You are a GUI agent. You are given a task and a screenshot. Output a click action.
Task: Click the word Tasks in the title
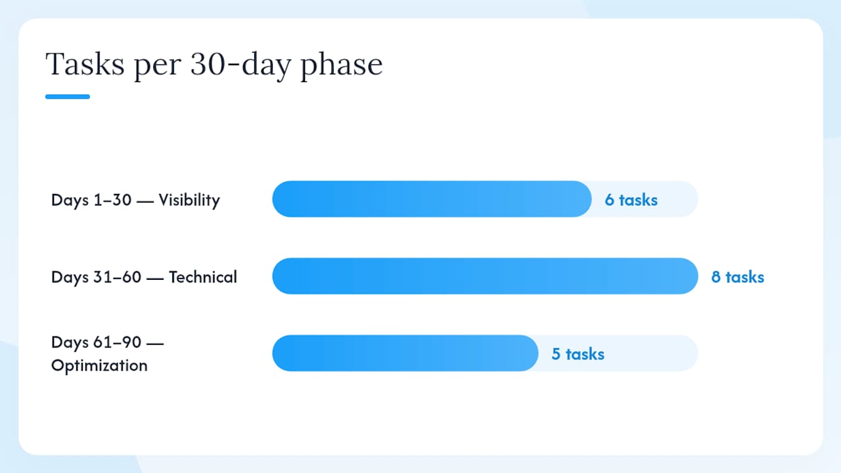point(85,64)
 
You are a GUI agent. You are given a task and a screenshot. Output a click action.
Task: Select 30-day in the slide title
point(240,65)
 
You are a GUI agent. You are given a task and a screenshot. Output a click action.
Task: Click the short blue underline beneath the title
point(68,97)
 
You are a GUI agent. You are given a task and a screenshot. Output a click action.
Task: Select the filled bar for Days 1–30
point(432,199)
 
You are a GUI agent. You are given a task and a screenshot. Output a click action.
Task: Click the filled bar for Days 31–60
point(485,276)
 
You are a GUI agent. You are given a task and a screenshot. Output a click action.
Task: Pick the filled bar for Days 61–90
point(405,353)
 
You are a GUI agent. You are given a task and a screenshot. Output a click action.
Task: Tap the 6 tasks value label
point(631,200)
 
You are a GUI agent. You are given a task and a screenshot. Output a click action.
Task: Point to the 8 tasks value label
point(738,277)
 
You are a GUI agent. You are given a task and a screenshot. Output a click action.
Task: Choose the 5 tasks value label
point(578,354)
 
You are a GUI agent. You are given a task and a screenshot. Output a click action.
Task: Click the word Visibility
point(189,200)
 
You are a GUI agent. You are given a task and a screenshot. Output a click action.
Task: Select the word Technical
point(203,277)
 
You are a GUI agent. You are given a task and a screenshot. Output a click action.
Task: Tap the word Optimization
point(99,366)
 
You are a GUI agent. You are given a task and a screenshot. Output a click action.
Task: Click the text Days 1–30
point(91,200)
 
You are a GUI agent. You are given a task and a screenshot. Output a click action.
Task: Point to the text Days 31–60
point(96,277)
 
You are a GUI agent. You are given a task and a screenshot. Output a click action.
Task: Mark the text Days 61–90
point(96,342)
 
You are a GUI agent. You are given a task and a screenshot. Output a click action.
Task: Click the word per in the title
point(157,68)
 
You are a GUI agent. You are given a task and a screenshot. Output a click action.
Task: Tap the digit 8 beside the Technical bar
point(716,277)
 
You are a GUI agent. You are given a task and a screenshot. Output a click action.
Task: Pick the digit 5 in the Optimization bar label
point(556,354)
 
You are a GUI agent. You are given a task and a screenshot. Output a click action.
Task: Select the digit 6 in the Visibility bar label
point(609,200)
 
